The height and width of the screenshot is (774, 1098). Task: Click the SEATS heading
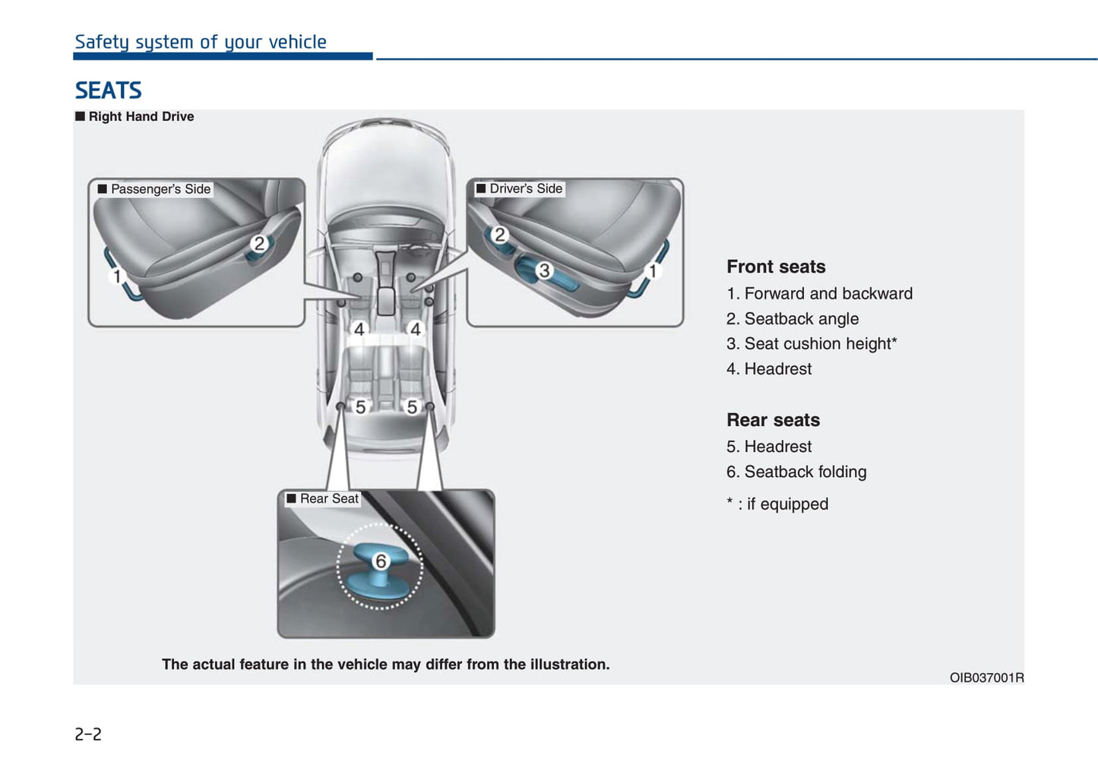(108, 90)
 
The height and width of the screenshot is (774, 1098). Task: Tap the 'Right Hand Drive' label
(141, 116)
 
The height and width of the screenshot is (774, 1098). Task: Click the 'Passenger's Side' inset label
(160, 188)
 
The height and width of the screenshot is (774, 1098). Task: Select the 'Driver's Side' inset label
(525, 188)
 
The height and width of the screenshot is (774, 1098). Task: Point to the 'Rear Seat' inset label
(328, 498)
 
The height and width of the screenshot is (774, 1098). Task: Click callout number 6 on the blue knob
(381, 561)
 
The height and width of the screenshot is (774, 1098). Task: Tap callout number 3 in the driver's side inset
(544, 270)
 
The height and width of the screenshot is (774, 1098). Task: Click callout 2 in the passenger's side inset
(259, 244)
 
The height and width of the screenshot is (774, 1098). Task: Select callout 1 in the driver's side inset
(652, 271)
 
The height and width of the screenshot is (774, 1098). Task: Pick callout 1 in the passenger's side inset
(117, 276)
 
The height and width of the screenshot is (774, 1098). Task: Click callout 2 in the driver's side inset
(499, 235)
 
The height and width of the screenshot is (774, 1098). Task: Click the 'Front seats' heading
(776, 267)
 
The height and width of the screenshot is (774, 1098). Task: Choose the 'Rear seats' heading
(773, 420)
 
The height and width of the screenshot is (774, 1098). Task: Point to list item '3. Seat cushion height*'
(812, 343)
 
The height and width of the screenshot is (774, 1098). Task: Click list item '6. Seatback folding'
(796, 472)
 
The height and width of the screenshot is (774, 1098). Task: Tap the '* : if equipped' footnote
(777, 504)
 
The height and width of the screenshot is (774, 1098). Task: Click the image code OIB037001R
(986, 678)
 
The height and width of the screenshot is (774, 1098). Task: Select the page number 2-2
(88, 734)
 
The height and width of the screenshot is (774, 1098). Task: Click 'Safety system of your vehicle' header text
(201, 42)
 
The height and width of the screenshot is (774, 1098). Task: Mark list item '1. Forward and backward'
(819, 293)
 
